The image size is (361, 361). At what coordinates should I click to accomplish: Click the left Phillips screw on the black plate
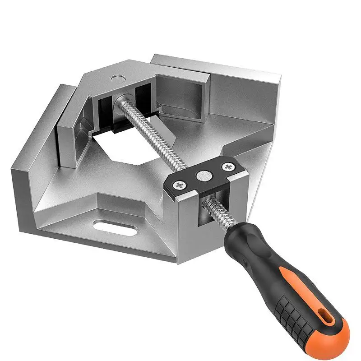(x=180, y=184)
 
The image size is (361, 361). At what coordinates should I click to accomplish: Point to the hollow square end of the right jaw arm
(x=185, y=95)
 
